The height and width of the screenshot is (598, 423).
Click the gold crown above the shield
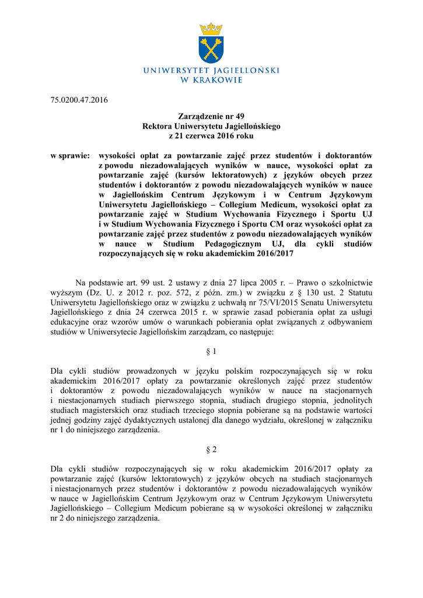click(211, 29)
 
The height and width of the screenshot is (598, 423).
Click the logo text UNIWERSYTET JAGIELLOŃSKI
click(211, 71)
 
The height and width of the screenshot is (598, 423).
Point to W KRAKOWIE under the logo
click(211, 80)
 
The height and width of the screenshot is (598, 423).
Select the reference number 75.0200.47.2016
click(76, 100)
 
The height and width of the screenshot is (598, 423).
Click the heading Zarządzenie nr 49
click(211, 117)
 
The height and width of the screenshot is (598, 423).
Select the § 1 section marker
click(211, 352)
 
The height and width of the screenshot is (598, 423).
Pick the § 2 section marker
click(211, 450)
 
